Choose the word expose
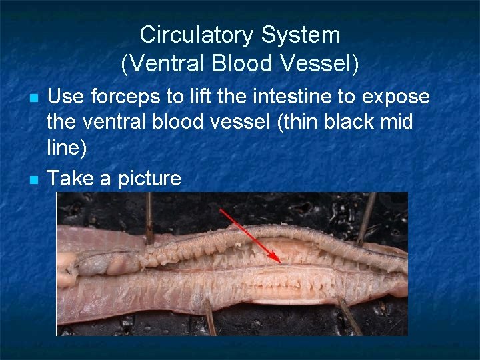point(396,97)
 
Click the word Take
point(71,178)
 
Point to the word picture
point(149,179)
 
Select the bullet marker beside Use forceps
point(35,99)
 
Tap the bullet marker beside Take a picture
point(35,180)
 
